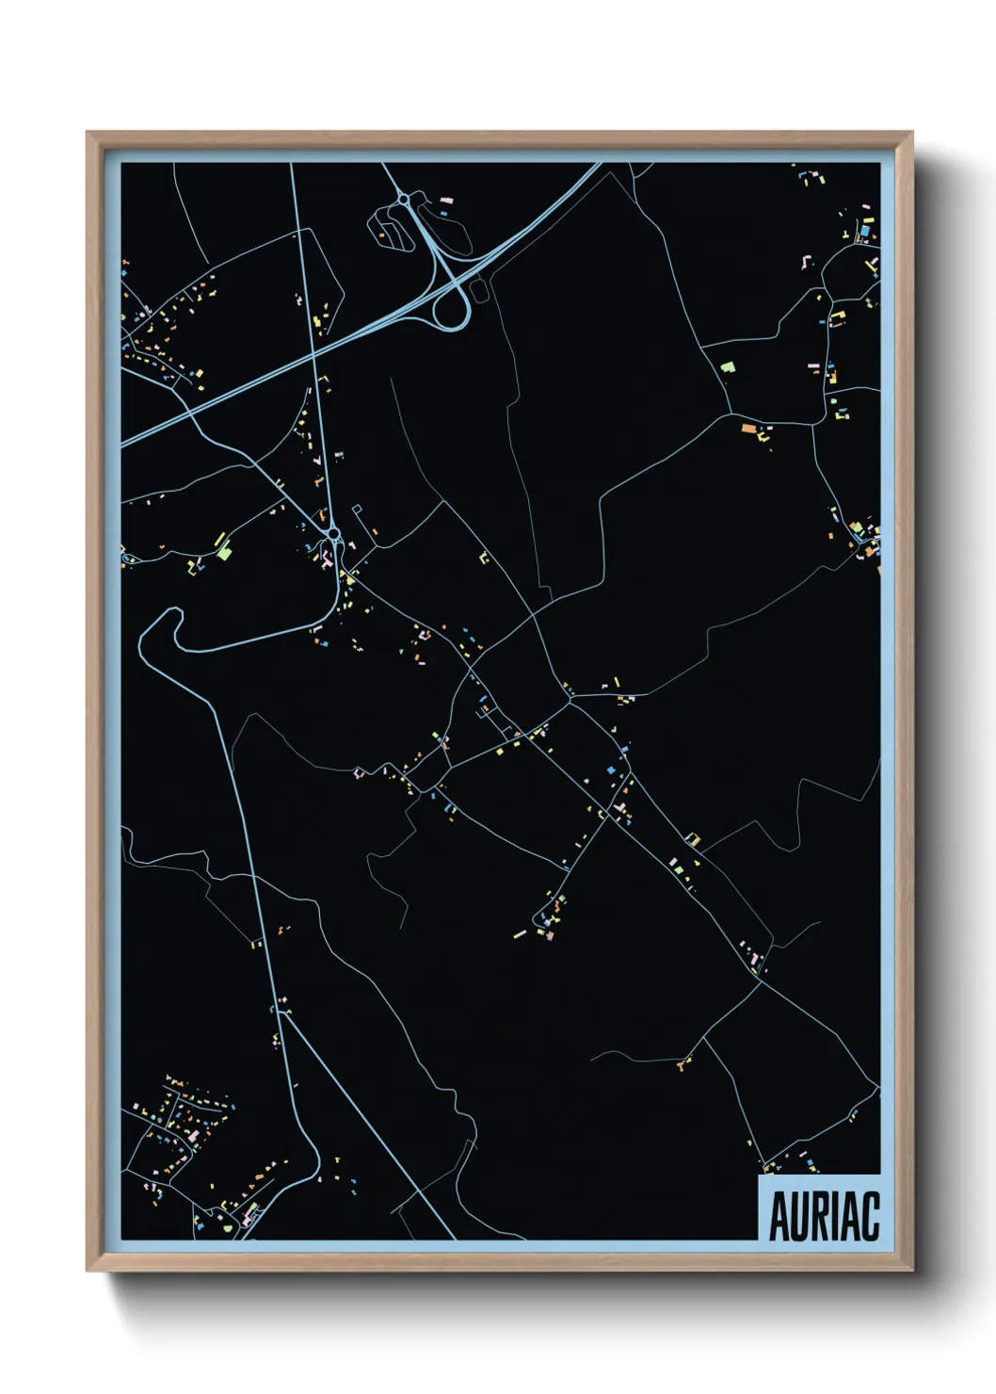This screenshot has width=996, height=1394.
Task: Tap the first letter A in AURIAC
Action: point(779,1217)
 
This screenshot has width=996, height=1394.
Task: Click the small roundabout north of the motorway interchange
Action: point(403,200)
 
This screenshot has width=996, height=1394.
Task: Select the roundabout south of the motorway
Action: point(333,535)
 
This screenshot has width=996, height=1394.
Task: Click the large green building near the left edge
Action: point(223,552)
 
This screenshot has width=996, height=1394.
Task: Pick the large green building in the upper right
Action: point(726,366)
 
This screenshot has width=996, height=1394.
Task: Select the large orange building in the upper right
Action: point(748,429)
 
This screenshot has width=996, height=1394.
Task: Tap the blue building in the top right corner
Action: point(863,230)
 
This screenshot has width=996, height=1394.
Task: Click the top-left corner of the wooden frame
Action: point(88,134)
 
